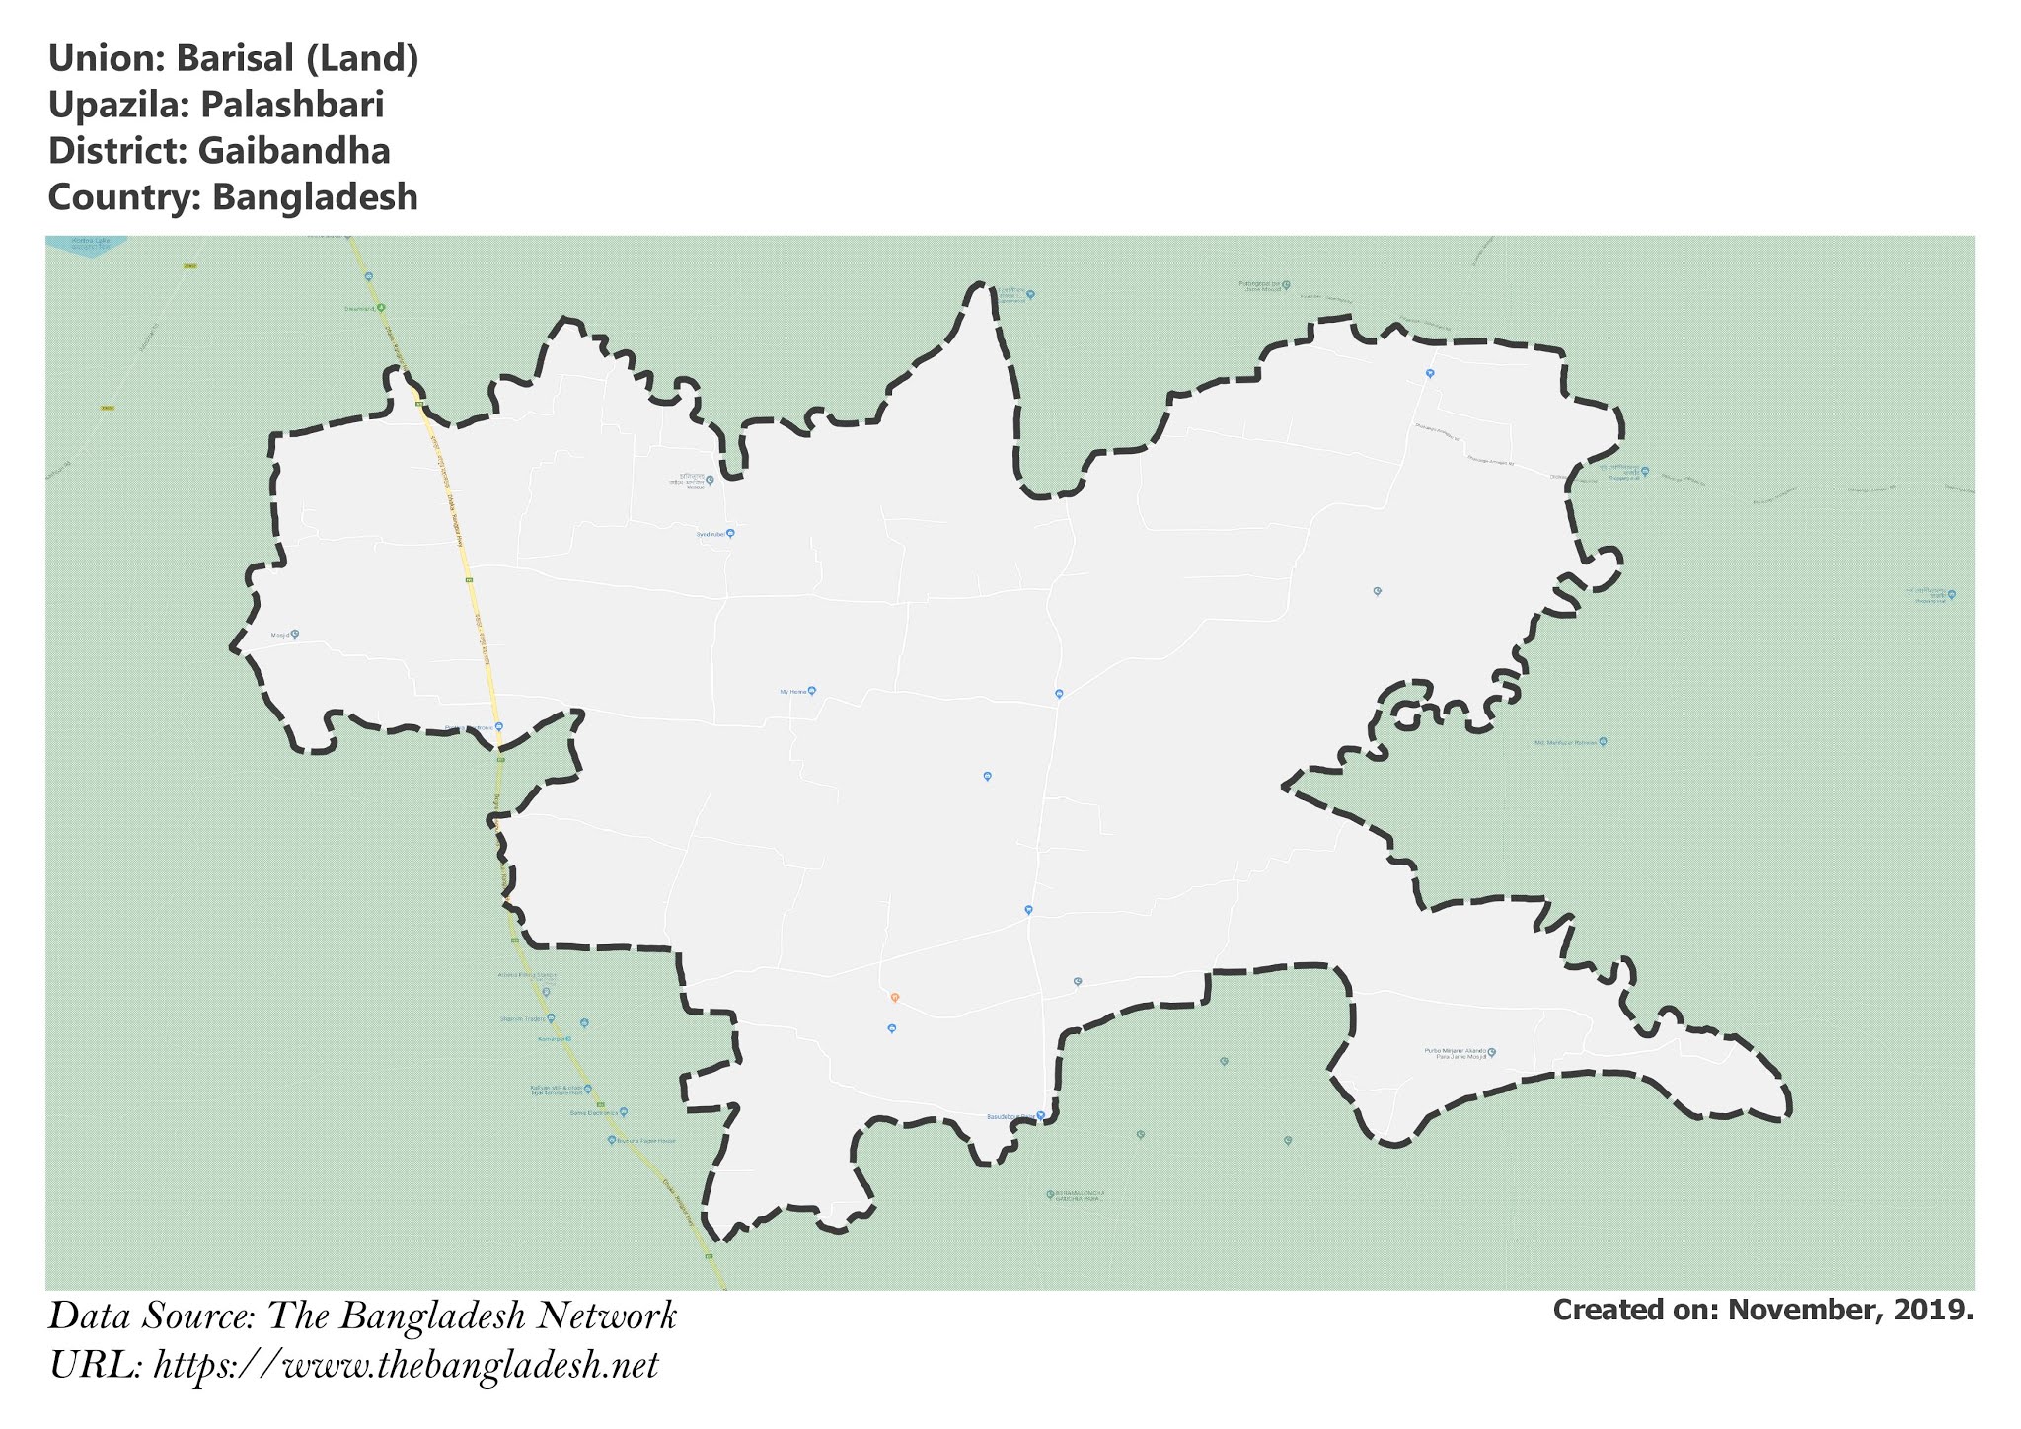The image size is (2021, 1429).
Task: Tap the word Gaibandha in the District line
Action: click(x=294, y=151)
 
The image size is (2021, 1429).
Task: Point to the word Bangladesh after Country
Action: click(x=315, y=197)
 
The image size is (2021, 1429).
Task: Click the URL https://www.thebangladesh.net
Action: click(x=406, y=1366)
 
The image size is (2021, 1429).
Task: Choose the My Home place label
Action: click(x=796, y=692)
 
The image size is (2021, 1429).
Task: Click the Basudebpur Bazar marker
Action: click(x=1040, y=1116)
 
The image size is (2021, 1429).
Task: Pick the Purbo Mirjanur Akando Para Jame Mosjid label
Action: click(x=1456, y=1054)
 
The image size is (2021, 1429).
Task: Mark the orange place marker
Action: click(x=894, y=998)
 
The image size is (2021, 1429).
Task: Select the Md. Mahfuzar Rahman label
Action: click(x=1567, y=742)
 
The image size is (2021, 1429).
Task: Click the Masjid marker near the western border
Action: click(x=293, y=635)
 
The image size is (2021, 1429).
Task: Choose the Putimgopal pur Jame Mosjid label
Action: click(x=1264, y=286)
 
